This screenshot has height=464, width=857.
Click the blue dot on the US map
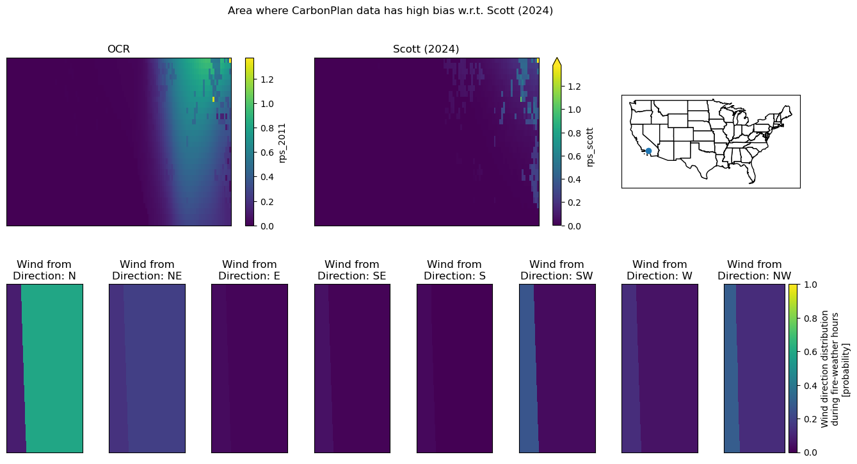point(648,151)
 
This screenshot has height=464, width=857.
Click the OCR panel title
point(118,49)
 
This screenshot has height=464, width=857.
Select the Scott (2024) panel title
point(426,49)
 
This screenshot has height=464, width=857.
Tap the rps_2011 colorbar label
point(282,143)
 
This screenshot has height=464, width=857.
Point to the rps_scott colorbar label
point(590,147)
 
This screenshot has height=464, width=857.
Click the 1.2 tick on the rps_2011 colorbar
point(267,79)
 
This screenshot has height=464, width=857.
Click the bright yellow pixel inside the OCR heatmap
point(214,99)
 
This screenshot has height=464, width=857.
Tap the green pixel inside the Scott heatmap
point(521,99)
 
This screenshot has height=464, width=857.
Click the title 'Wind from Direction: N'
point(44,270)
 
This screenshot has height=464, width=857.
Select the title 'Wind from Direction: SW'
point(557,270)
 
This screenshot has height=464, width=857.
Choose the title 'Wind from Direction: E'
point(250,270)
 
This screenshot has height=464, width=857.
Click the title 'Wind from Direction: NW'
point(754,270)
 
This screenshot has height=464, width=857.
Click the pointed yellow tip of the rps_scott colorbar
point(557,58)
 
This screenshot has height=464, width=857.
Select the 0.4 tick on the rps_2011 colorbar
point(267,177)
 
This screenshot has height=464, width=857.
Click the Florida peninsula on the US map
point(751,174)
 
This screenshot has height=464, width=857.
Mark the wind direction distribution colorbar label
point(835,369)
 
